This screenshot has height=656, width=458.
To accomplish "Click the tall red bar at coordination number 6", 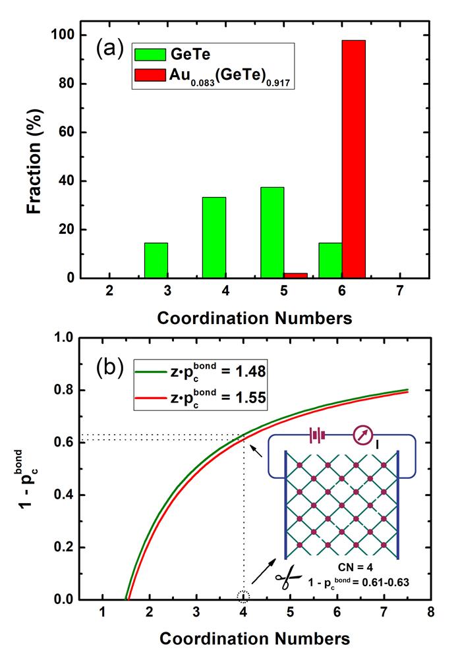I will tap(353, 159).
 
